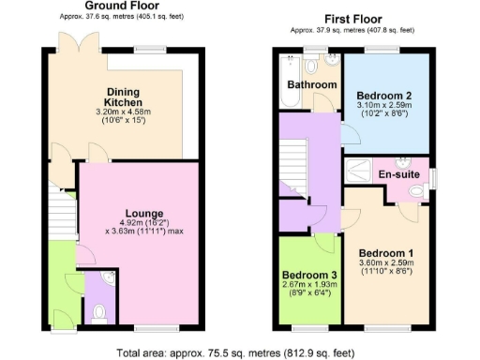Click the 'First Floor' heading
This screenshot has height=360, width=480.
click(x=352, y=19)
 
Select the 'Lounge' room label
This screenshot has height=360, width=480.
click(x=145, y=214)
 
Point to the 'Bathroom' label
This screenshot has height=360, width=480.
click(x=312, y=85)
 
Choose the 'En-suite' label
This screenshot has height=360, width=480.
click(x=398, y=174)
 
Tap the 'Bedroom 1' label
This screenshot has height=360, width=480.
click(x=385, y=253)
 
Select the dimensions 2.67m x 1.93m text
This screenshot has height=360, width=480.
click(x=308, y=287)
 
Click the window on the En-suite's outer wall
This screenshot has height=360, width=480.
click(x=432, y=177)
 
